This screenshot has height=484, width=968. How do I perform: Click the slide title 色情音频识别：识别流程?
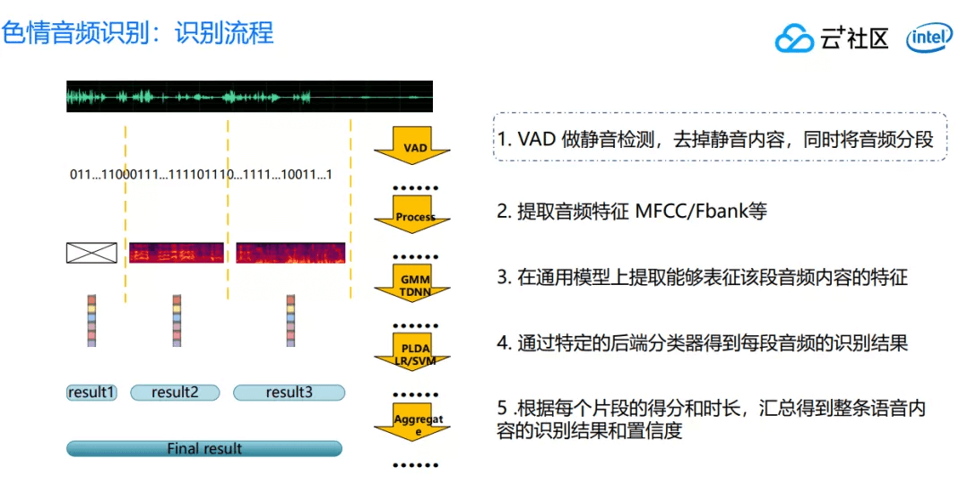138,33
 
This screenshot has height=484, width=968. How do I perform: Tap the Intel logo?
929,39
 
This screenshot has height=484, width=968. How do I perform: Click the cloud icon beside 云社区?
793,39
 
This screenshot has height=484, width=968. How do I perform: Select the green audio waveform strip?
249,97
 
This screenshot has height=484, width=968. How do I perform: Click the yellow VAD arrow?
412,147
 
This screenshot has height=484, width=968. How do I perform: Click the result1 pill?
92,392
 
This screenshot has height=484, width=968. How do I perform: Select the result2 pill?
175,392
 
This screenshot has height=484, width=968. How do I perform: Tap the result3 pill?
288,392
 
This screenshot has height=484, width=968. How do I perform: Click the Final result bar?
204,448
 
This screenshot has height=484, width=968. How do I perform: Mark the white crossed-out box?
91,253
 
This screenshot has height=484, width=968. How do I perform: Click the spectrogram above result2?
176,253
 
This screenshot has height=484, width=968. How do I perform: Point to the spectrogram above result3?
290,253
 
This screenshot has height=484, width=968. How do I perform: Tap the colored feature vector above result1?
91,320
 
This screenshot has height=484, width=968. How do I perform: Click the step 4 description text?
703,342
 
